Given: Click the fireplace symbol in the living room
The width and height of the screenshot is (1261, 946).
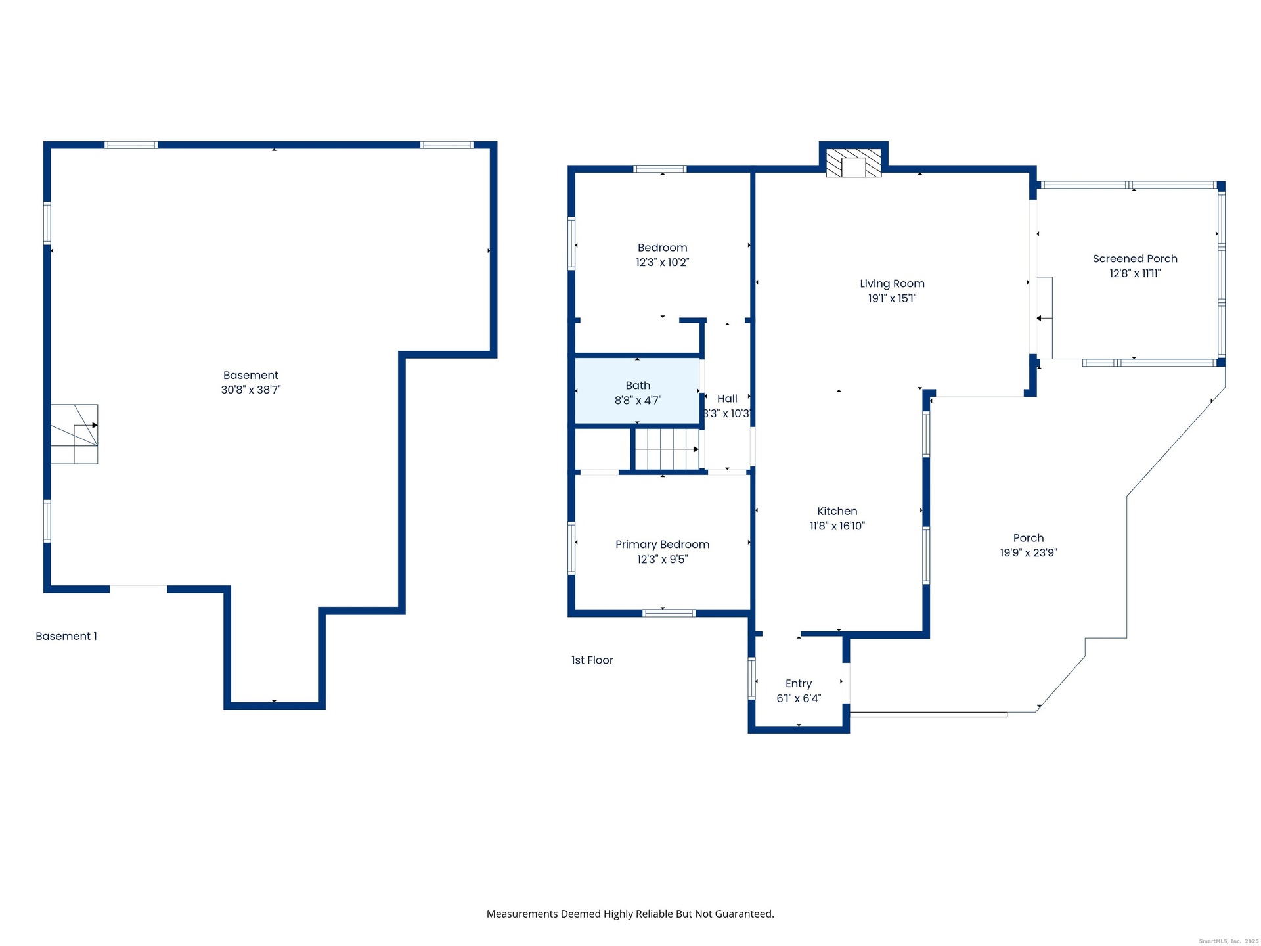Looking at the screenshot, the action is [853, 163].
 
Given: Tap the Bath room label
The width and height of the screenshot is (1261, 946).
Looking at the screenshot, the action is [638, 386].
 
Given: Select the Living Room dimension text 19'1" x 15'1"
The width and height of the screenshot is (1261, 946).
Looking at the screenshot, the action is [892, 298].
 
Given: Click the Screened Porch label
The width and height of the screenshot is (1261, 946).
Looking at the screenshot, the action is [1135, 259].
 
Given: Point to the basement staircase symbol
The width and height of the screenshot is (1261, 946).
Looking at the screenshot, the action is [74, 434].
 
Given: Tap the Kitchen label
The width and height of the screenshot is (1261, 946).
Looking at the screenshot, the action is [837, 511].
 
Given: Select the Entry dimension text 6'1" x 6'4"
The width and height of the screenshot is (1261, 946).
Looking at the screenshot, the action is [799, 698].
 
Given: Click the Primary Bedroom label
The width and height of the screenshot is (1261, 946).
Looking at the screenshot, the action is [662, 545].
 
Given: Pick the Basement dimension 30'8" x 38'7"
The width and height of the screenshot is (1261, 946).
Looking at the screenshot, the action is [251, 390].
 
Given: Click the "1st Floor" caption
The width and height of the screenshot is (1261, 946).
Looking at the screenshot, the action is [592, 660].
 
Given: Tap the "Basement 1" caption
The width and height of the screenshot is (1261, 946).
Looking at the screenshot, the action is [66, 636].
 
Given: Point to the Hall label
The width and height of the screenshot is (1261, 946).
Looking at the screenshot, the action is [727, 399].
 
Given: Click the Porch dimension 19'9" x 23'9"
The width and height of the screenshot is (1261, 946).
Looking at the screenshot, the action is [1029, 553].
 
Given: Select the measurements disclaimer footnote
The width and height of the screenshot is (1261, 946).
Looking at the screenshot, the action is [630, 914].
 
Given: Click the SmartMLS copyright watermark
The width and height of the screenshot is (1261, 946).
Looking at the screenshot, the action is [1229, 941].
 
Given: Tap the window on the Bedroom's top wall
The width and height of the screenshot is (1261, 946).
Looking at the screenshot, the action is [660, 169].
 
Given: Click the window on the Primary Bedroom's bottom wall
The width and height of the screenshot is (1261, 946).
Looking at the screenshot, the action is [669, 613].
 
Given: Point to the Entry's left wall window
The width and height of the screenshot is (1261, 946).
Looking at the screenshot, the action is [752, 678].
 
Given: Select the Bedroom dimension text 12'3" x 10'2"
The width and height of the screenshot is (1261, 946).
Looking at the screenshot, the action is [662, 262].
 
